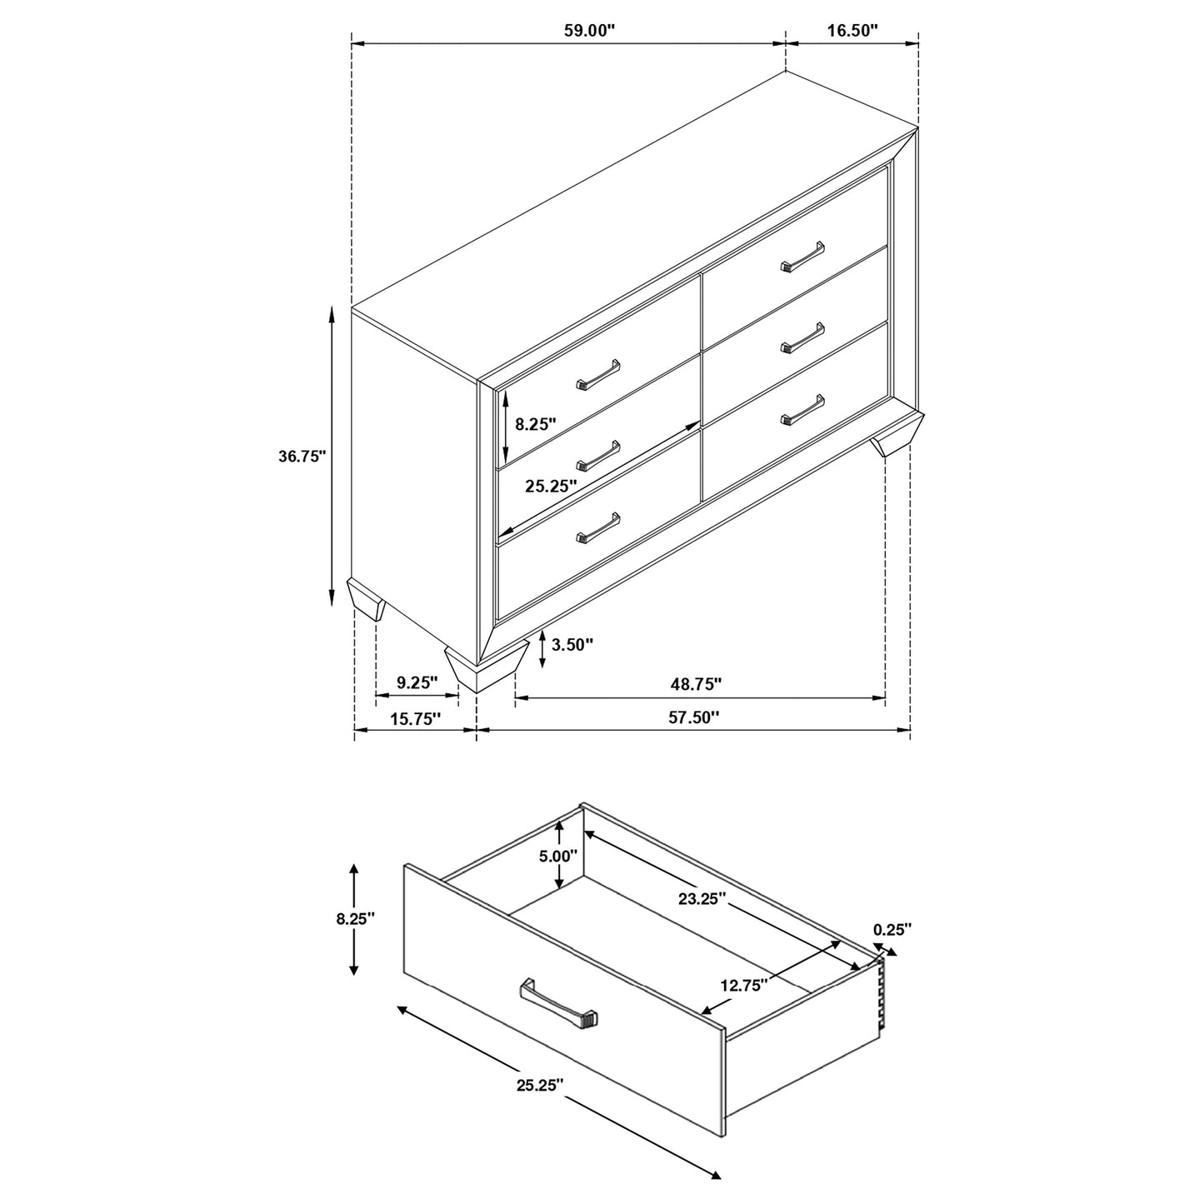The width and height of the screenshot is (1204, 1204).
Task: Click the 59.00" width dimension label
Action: click(589, 31)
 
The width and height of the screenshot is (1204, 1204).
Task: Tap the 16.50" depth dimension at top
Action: click(852, 31)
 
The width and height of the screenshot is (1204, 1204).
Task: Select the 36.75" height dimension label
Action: click(302, 457)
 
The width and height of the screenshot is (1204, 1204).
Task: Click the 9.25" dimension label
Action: click(417, 683)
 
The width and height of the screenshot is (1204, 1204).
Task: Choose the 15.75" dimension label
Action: click(414, 718)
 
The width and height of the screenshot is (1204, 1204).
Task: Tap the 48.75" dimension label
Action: click(696, 684)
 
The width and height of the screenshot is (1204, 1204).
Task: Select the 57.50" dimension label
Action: click(693, 717)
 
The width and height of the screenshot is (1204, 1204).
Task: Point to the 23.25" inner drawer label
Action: click(702, 899)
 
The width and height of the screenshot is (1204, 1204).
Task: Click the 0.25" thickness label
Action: click(892, 929)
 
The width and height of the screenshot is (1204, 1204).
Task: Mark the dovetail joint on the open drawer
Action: click(877, 998)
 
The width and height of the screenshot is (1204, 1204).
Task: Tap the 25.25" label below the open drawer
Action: click(540, 1085)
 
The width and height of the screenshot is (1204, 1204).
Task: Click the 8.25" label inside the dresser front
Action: click(535, 424)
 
